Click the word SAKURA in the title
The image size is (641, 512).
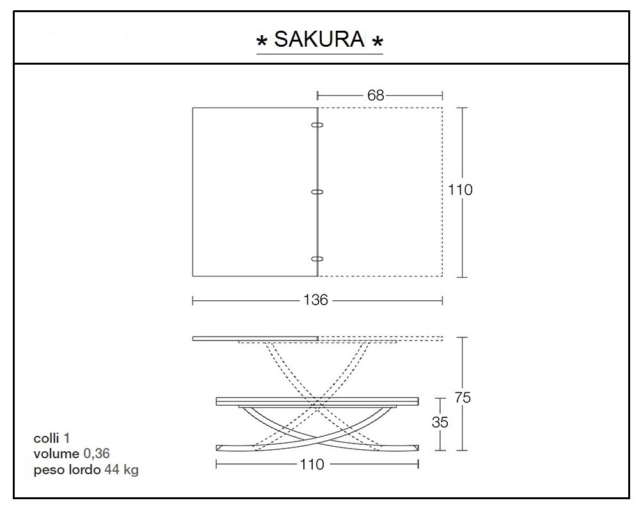point(319,40)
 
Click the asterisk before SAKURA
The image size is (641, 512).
point(262,43)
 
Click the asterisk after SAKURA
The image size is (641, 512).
point(377,43)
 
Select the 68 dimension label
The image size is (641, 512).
point(376,95)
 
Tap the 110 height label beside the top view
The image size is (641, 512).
point(460,190)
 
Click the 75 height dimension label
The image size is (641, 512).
point(463,397)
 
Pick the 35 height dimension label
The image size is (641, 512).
point(440,422)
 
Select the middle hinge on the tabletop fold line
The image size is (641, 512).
point(317,191)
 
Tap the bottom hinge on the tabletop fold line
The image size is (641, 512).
point(317,259)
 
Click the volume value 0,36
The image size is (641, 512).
point(97,454)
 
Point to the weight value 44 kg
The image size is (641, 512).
point(121,470)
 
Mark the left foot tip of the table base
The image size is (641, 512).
point(221,446)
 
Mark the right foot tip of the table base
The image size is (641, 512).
point(415,446)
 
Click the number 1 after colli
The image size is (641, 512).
point(67,438)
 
